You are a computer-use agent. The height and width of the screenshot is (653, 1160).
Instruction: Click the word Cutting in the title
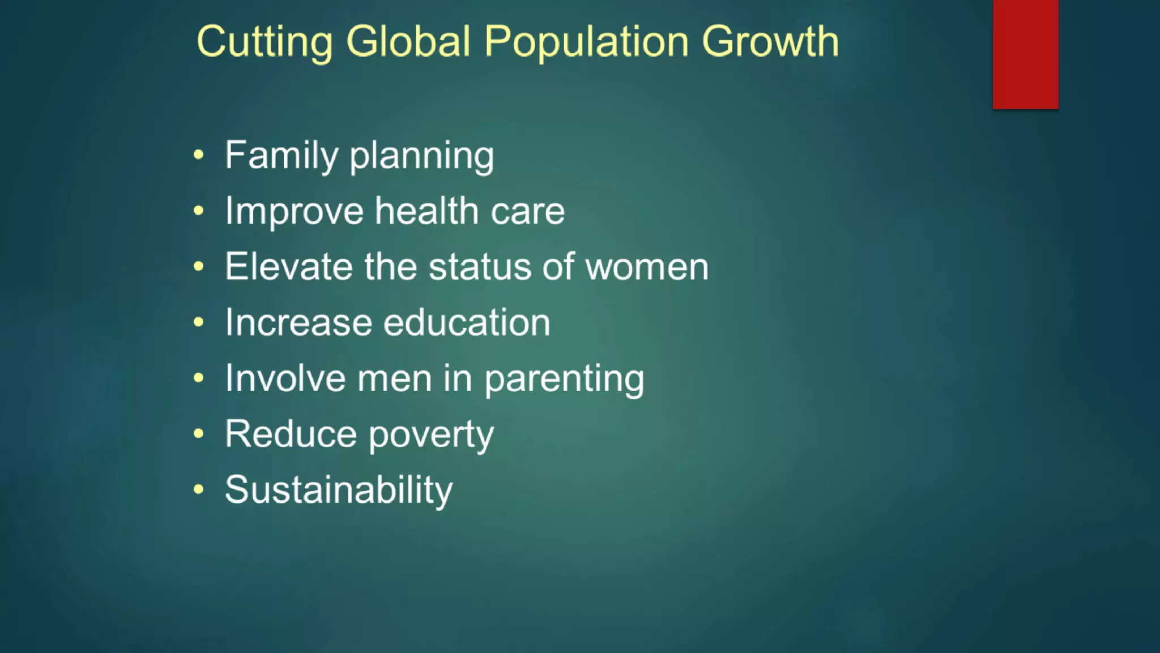265,42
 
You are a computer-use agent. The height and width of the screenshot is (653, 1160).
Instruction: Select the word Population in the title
586,42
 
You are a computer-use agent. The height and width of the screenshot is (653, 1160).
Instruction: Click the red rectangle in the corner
1025,54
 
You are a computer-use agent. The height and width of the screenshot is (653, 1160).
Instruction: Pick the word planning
421,156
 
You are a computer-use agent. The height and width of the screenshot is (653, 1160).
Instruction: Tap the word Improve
294,211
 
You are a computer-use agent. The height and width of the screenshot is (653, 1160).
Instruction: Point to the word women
647,267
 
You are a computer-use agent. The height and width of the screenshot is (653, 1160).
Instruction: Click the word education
467,322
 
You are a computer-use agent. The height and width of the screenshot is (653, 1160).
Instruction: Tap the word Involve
285,378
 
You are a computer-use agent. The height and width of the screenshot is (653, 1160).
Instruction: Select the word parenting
564,379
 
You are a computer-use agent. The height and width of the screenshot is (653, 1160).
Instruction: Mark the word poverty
431,435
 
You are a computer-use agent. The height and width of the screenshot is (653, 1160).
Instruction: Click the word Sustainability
339,490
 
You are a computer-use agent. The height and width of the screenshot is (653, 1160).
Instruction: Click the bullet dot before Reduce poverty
198,434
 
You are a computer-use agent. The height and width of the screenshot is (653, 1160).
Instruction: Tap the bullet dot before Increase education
198,323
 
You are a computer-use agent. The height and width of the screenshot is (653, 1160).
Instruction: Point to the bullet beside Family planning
198,155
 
